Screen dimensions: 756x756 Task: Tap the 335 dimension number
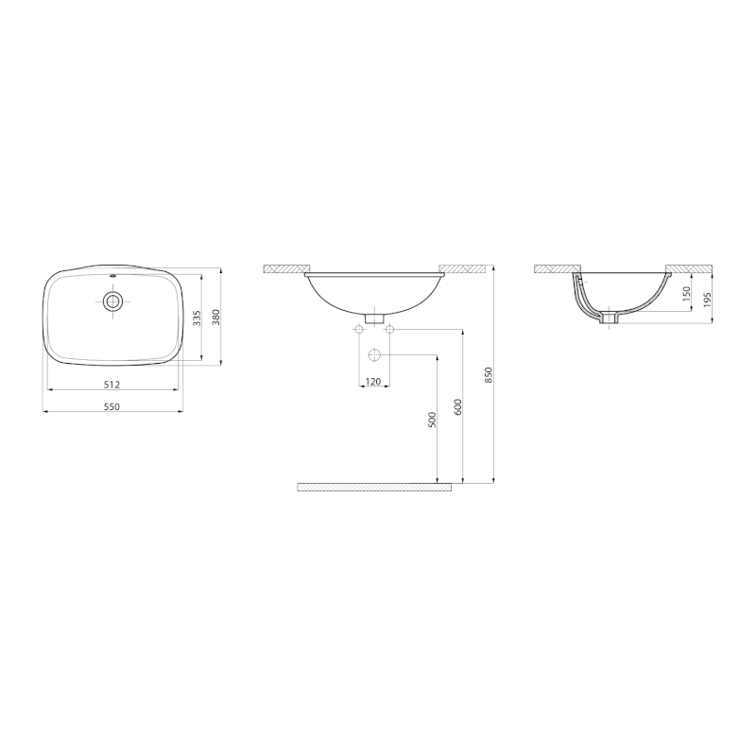tap(197, 318)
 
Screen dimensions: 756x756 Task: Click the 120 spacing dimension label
tap(372, 382)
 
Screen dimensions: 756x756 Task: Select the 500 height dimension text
tap(432, 421)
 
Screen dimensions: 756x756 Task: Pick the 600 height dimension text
tap(456, 407)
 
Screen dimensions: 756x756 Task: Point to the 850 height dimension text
tap(488, 376)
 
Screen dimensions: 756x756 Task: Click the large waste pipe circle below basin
tap(373, 356)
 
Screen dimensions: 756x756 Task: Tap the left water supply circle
tap(359, 330)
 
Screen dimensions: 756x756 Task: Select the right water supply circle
tap(388, 330)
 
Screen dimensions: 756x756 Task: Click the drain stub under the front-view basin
tap(373, 318)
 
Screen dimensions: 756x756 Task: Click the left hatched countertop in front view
tap(286, 269)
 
